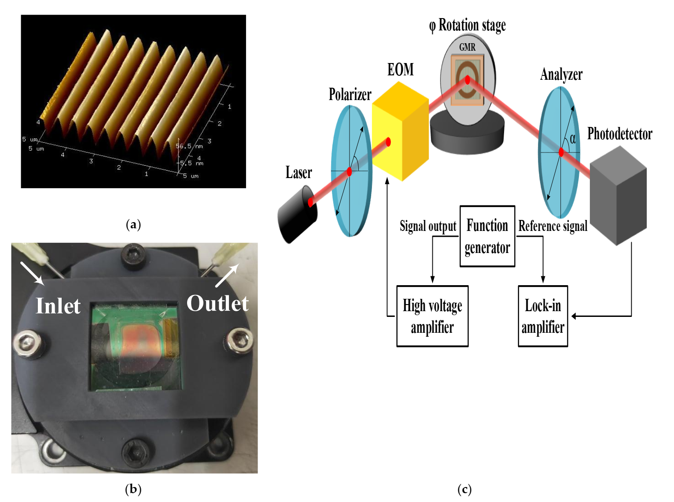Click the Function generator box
487,236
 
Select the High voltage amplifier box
432,316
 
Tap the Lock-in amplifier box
542,316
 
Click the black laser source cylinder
298,215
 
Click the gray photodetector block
618,196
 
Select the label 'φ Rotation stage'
467,25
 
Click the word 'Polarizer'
350,94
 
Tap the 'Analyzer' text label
561,74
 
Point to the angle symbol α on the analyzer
572,139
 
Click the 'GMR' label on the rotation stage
467,47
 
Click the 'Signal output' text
428,226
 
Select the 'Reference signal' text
553,226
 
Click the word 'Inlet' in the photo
58,306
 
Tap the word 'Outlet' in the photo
217,303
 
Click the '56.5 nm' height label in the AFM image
189,146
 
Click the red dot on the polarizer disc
349,171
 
